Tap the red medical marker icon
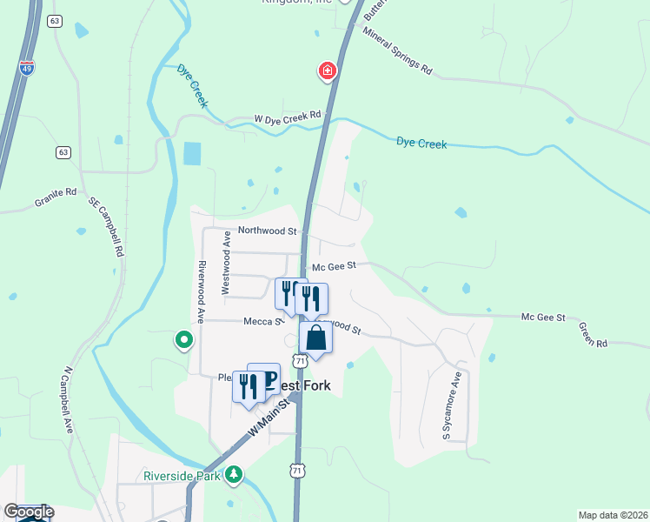pyautogui.click(x=328, y=70)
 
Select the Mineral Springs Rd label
pyautogui.click(x=398, y=52)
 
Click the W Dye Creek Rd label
pyautogui.click(x=288, y=116)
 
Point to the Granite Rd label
pyautogui.click(x=56, y=197)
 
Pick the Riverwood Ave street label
pyautogui.click(x=201, y=292)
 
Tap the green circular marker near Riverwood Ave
pyautogui.click(x=183, y=339)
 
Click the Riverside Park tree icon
pyautogui.click(x=233, y=475)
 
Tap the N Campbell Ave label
pyautogui.click(x=68, y=400)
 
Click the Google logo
pyautogui.click(x=29, y=512)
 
